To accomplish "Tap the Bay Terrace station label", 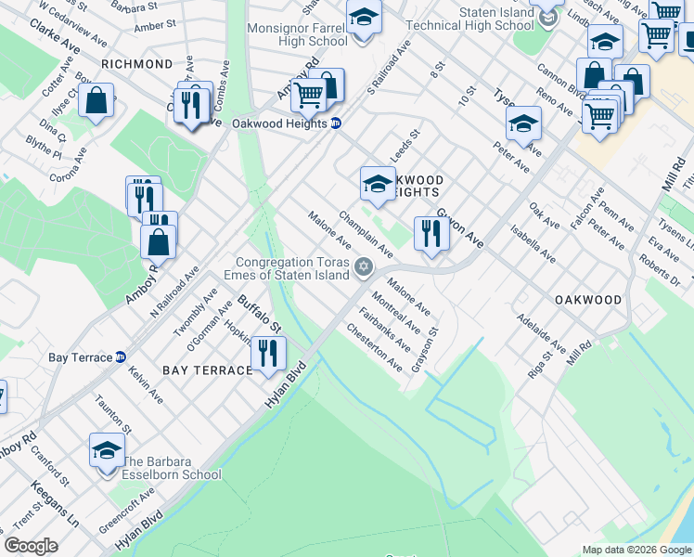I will coord(81,356).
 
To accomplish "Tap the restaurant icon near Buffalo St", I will coord(268,353).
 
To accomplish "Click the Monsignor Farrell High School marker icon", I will coord(364,18).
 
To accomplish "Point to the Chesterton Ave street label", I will coord(374,348).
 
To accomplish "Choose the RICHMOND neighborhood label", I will coord(137,64).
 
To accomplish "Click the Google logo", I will coord(32,546).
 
